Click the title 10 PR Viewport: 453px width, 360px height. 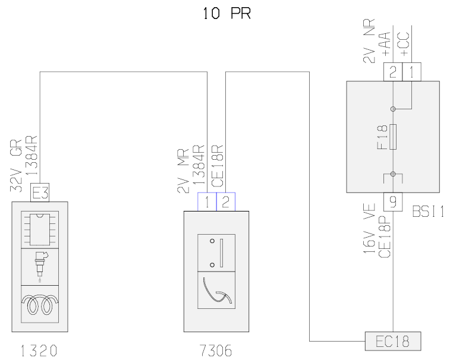pyautogui.click(x=226, y=13)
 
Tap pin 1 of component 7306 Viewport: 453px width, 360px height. pyautogui.click(x=206, y=201)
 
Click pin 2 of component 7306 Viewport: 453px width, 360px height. pyautogui.click(x=225, y=201)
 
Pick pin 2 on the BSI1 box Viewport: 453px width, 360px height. pyautogui.click(x=392, y=72)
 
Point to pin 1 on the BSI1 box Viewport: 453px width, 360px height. pyautogui.click(x=411, y=72)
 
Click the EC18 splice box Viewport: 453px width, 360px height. pyautogui.click(x=392, y=341)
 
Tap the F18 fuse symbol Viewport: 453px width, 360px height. pyautogui.click(x=393, y=137)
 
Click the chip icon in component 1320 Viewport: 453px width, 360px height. pyautogui.click(x=39, y=229)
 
